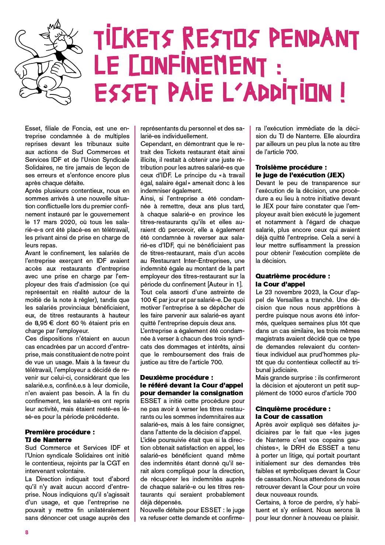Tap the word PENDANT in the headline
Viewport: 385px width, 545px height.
point(313,38)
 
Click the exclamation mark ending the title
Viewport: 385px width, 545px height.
point(343,92)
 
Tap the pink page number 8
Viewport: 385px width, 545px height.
point(27,532)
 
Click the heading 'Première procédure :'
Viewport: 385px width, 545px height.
point(60,432)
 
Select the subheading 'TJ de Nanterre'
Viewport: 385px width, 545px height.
point(48,440)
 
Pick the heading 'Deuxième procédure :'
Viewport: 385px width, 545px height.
point(177,377)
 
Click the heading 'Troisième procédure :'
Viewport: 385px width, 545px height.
point(291,167)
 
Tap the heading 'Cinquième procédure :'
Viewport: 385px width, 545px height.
point(293,409)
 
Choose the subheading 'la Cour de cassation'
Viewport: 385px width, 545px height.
point(289,416)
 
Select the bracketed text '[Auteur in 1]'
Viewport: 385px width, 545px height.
point(225,284)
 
